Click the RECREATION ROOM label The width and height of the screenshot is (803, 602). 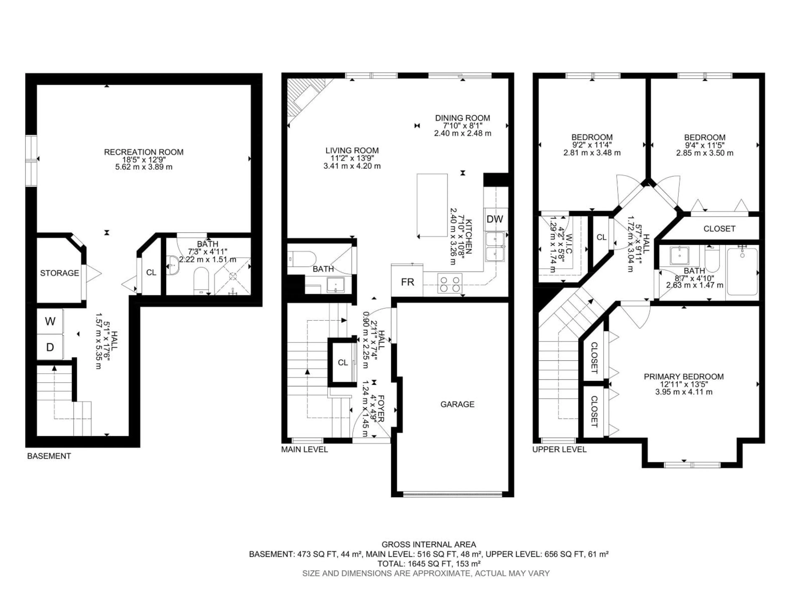click(x=143, y=152)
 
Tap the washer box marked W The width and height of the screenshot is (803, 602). click(x=50, y=321)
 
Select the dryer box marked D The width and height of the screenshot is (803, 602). click(x=50, y=347)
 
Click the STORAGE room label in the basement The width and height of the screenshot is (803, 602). click(x=60, y=273)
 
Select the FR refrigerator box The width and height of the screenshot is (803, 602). click(x=407, y=282)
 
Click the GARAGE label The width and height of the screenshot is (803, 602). click(x=457, y=404)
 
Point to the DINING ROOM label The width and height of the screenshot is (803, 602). click(x=463, y=118)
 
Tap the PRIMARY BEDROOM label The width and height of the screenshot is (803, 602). click(x=684, y=377)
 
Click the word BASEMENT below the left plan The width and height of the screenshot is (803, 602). click(x=49, y=456)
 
